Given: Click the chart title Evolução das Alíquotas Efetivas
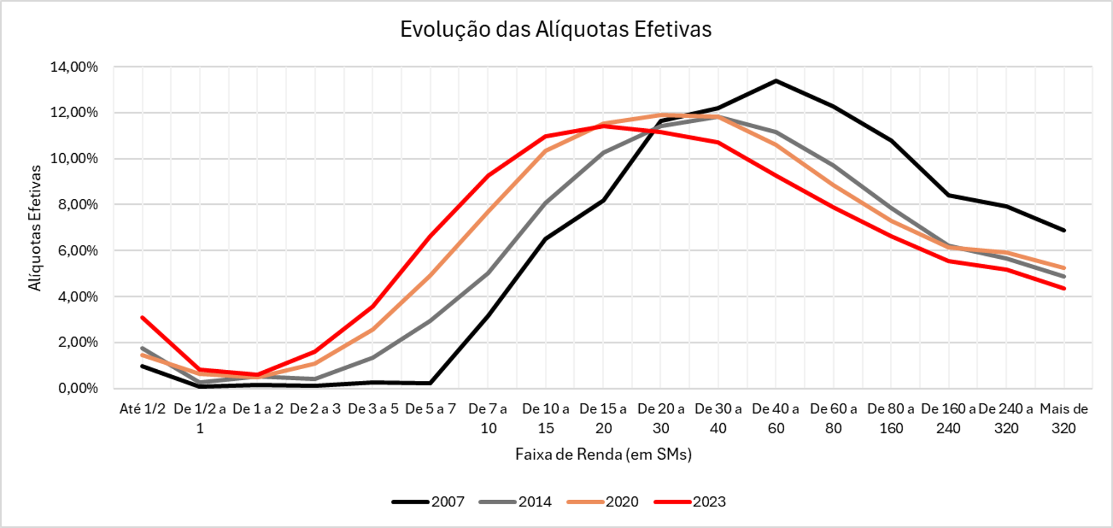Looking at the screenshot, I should coord(555,29).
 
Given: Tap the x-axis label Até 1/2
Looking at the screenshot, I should coord(143,409).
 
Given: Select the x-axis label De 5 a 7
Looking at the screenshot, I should coord(430,409).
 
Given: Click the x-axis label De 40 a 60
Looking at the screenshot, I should coord(776,418).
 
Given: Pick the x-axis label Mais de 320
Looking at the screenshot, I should coord(1064,418).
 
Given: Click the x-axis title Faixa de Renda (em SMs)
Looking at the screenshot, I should coord(603,454).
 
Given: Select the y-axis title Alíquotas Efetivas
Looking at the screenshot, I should coord(35,228).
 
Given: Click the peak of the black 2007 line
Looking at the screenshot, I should coord(776,81).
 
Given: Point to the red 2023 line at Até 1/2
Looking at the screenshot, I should coord(143,318).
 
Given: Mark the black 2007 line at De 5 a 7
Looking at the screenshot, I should coord(430,383).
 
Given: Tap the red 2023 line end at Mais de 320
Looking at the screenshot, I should coord(1064,288).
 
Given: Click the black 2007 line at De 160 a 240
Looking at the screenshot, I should coord(949,195).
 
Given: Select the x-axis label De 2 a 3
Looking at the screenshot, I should coord(315,409).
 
